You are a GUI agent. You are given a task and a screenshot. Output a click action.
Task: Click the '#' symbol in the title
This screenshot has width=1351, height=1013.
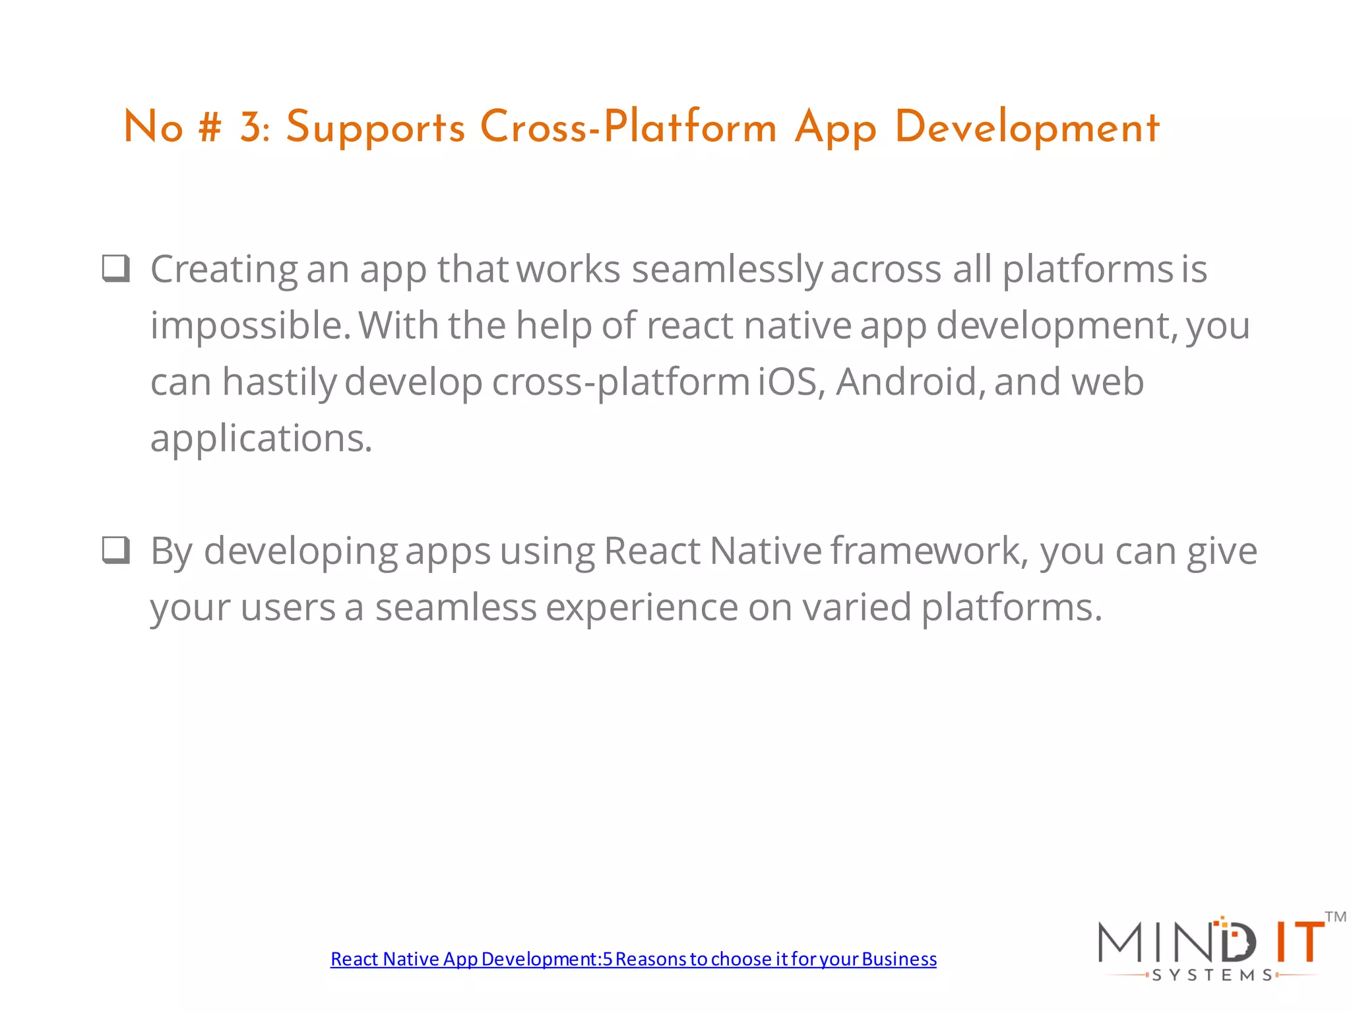point(210,127)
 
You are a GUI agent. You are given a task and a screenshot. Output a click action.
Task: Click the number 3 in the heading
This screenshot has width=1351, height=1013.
point(252,127)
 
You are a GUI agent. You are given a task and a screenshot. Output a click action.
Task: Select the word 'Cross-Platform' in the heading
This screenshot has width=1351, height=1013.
point(628,127)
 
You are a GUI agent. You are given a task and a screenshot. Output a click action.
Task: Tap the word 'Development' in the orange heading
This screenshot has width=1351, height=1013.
point(1026,127)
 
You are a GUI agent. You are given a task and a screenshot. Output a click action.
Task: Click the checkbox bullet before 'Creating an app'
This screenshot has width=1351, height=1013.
point(116,268)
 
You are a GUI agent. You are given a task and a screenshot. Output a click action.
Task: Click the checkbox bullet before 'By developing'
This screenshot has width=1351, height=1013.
point(116,550)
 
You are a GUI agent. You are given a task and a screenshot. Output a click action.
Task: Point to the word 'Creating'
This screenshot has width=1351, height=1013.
point(224,270)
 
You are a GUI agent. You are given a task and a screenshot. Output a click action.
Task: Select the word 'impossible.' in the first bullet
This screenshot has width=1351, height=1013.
point(251,325)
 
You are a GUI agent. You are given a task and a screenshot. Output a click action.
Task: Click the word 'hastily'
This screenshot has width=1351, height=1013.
point(279,382)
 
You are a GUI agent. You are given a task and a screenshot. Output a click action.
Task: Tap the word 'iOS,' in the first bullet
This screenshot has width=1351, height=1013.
point(791,382)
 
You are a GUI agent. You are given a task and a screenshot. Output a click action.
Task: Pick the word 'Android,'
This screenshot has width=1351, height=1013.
point(910,382)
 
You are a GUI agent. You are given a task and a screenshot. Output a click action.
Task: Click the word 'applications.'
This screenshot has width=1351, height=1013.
point(261,439)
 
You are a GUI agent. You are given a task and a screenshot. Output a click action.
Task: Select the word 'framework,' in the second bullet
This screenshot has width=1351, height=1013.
point(929,551)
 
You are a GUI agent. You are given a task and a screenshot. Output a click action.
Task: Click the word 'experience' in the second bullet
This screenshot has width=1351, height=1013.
point(642,607)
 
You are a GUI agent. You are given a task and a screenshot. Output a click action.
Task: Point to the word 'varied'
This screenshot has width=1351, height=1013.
point(857,607)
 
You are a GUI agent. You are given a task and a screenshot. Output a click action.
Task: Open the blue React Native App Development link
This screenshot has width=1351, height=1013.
point(633,959)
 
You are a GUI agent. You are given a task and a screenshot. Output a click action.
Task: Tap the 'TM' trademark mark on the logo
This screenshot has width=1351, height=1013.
point(1335,917)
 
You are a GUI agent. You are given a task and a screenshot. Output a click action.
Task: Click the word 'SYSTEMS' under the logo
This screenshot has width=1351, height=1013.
point(1212,975)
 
